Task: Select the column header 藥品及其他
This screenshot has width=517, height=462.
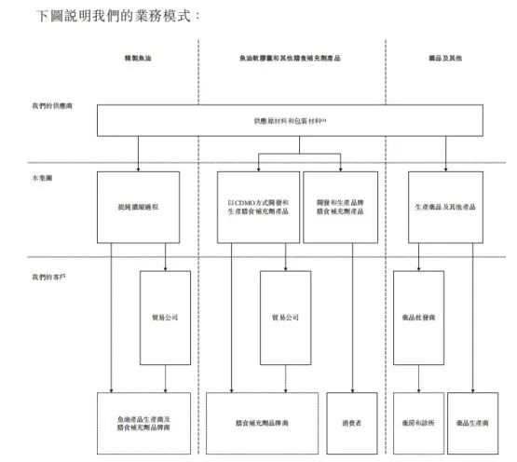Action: (x=439, y=59)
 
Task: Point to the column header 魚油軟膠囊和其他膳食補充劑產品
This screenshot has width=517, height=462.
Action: (x=289, y=59)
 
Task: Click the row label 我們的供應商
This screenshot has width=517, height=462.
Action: (x=50, y=106)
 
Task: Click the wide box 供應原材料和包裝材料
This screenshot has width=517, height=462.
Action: (x=290, y=120)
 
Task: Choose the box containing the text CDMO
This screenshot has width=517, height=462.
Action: (x=257, y=206)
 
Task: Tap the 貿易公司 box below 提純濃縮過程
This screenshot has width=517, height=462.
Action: (x=165, y=317)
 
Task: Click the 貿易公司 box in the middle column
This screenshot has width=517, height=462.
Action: (x=285, y=317)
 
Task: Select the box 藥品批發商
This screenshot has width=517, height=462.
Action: (x=418, y=317)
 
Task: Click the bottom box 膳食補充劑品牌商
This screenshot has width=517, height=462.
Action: (x=262, y=422)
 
